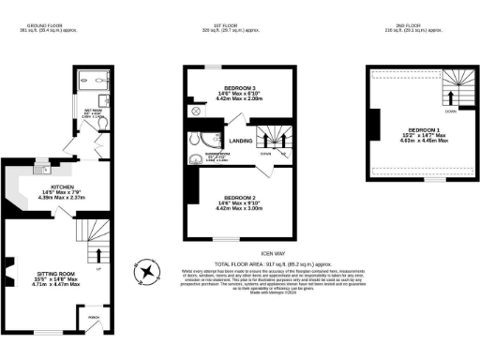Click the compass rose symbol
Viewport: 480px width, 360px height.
(148, 272)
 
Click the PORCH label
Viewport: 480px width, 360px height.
(94, 316)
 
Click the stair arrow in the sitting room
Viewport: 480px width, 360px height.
(98, 253)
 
